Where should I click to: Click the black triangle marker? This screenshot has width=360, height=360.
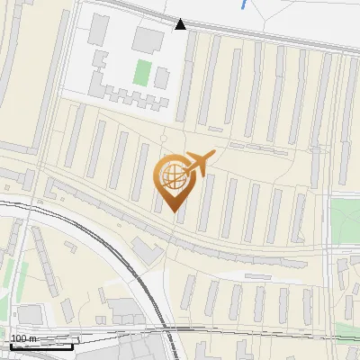(180, 24)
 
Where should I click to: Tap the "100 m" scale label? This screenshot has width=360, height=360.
(24, 338)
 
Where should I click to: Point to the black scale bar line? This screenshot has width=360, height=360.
(40, 346)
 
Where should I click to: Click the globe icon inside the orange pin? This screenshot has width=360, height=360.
(175, 175)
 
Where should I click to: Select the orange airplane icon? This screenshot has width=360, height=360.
(197, 164)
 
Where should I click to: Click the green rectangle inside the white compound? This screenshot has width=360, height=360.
(141, 72)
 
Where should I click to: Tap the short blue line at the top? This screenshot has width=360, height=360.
(245, 4)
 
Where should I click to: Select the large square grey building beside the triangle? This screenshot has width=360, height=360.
(148, 39)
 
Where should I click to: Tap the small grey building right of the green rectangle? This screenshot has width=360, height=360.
(161, 77)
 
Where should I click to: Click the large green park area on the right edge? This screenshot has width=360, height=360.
(345, 220)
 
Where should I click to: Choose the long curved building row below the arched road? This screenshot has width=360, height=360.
(243, 253)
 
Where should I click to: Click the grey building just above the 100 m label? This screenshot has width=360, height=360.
(31, 314)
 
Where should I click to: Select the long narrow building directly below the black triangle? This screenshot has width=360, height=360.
(186, 76)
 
